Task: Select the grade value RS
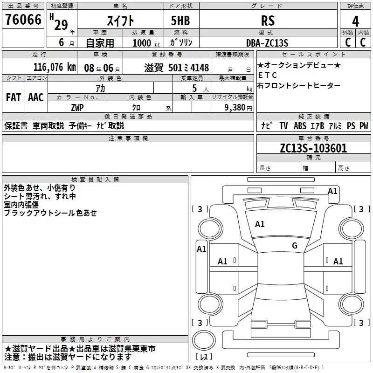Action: [x=268, y=21]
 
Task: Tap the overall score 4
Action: [x=356, y=21]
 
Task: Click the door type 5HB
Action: [x=180, y=21]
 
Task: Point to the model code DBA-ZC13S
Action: [x=268, y=43]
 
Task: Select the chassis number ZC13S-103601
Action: [x=313, y=148]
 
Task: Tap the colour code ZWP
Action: [x=77, y=107]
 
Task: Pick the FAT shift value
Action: [x=13, y=97]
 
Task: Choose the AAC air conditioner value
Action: [x=36, y=97]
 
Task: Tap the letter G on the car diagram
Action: [x=295, y=246]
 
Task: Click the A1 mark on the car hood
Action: [x=260, y=224]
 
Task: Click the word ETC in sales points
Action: [x=267, y=75]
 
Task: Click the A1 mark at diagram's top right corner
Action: [x=332, y=191]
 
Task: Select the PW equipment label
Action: [x=364, y=126]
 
